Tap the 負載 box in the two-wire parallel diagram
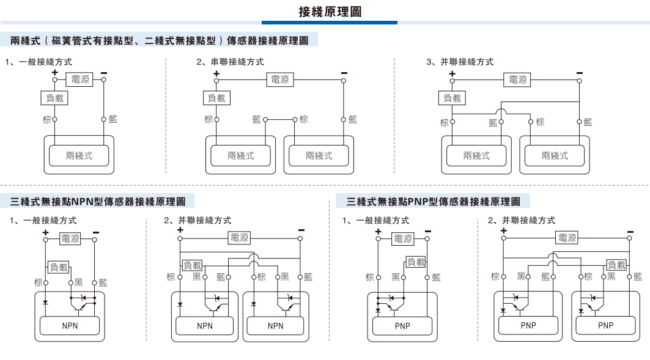452,98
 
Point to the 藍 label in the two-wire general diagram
113,119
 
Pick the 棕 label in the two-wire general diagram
46,119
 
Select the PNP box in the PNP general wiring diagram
402,326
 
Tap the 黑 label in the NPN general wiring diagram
78,282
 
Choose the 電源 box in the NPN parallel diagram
239,238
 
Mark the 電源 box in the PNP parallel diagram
566,238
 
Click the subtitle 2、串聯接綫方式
231,62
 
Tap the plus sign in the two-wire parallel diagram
452,73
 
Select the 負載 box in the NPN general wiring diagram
59,266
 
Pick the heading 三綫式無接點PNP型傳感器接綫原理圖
433,200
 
